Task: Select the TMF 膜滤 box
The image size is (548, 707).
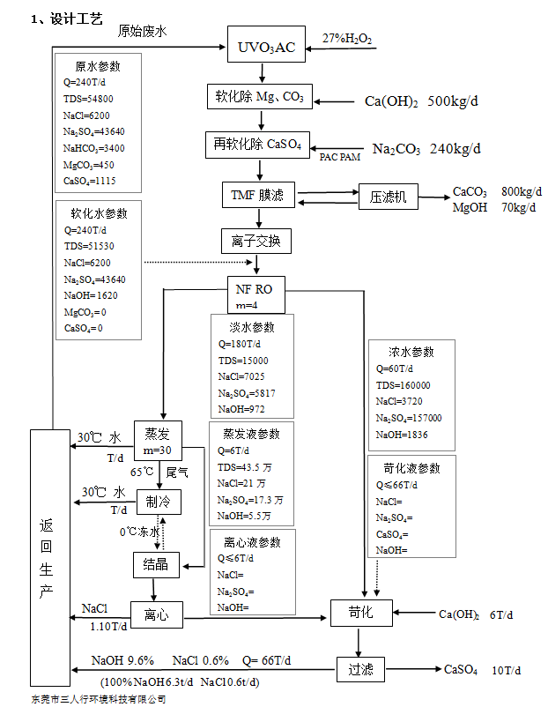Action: [258, 196]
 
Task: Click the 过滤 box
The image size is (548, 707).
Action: [361, 670]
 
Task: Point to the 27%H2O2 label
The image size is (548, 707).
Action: [346, 40]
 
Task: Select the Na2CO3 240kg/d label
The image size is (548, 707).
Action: [426, 148]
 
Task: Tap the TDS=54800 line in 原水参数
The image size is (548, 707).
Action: [88, 98]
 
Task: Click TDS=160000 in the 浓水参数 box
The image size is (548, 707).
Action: [404, 385]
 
